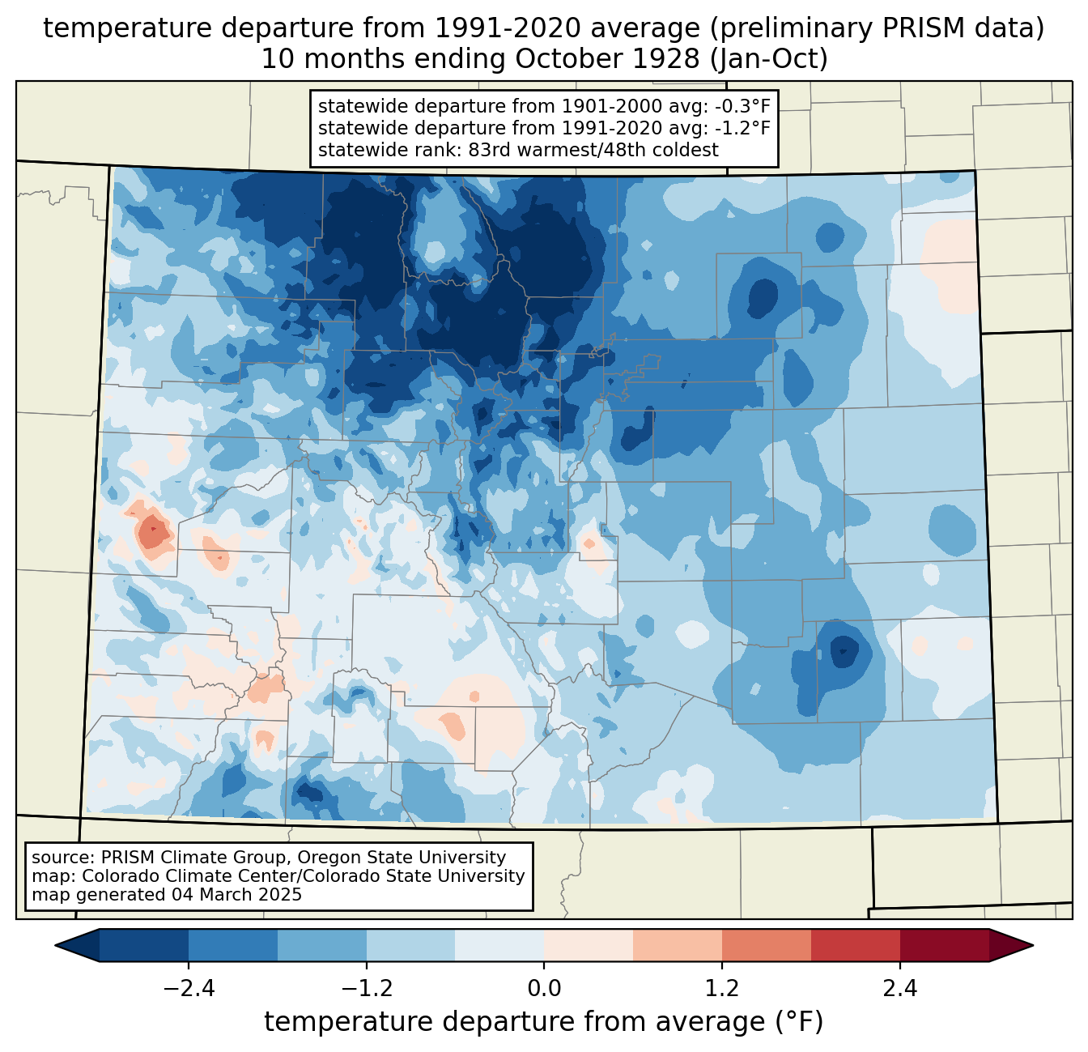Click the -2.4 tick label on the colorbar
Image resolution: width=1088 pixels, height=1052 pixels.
[x=189, y=989]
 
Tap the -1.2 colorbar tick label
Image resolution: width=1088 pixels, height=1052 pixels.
[x=367, y=989]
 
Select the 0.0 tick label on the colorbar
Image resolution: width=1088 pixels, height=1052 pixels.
[x=544, y=989]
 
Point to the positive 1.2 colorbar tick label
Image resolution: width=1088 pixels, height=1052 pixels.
[x=722, y=989]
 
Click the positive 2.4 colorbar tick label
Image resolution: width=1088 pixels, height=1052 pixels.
[x=899, y=989]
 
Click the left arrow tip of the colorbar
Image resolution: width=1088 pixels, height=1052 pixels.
[x=55, y=945]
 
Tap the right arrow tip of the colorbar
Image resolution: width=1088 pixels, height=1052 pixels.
[x=1033, y=945]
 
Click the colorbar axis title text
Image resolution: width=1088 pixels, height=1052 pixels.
[x=543, y=1021]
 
